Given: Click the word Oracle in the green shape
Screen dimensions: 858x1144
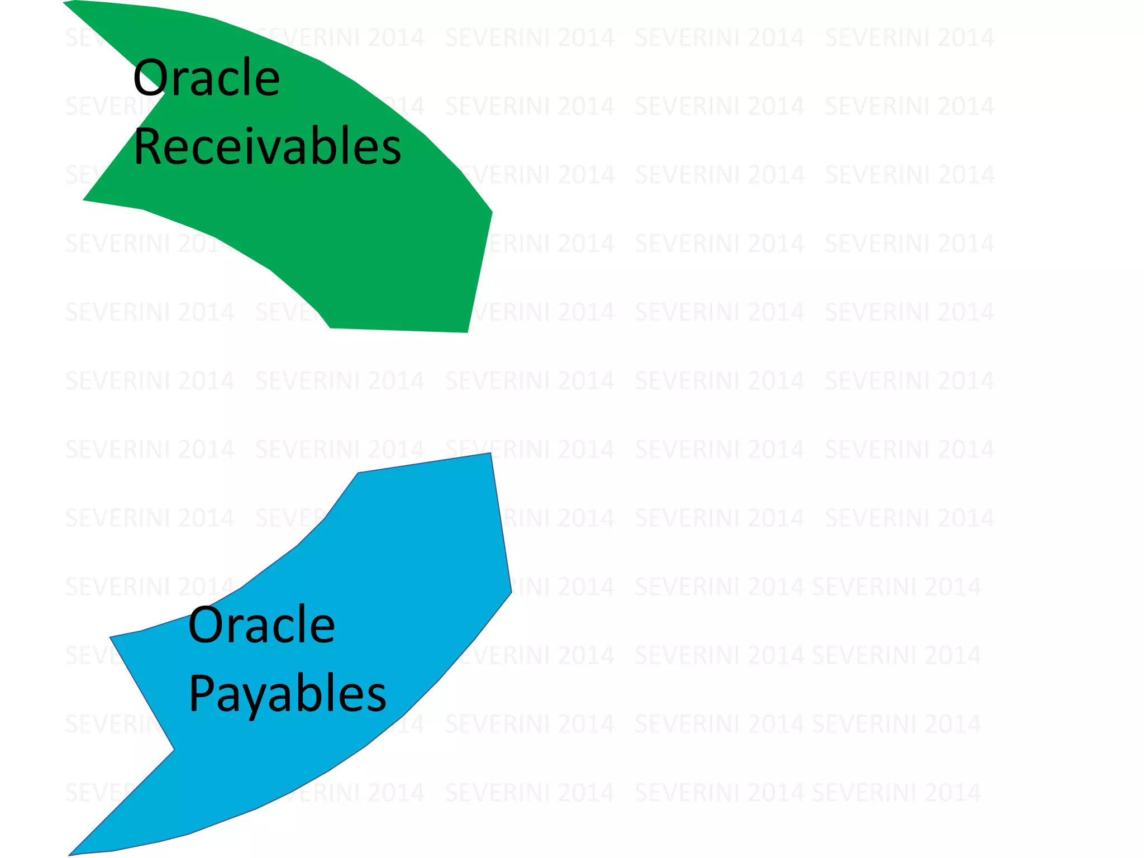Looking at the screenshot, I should [206, 78].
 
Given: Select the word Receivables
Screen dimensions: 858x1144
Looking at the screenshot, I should [267, 146].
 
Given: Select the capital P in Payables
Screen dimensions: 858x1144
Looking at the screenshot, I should [201, 693].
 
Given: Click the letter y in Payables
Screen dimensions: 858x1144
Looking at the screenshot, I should [256, 699].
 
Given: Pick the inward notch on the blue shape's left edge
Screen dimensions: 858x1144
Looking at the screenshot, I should [173, 750].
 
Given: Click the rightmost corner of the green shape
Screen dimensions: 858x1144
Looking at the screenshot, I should [491, 212].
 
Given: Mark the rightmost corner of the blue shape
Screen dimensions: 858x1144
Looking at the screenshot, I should [511, 592].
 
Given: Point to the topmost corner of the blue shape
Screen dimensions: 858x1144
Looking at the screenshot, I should [490, 454].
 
